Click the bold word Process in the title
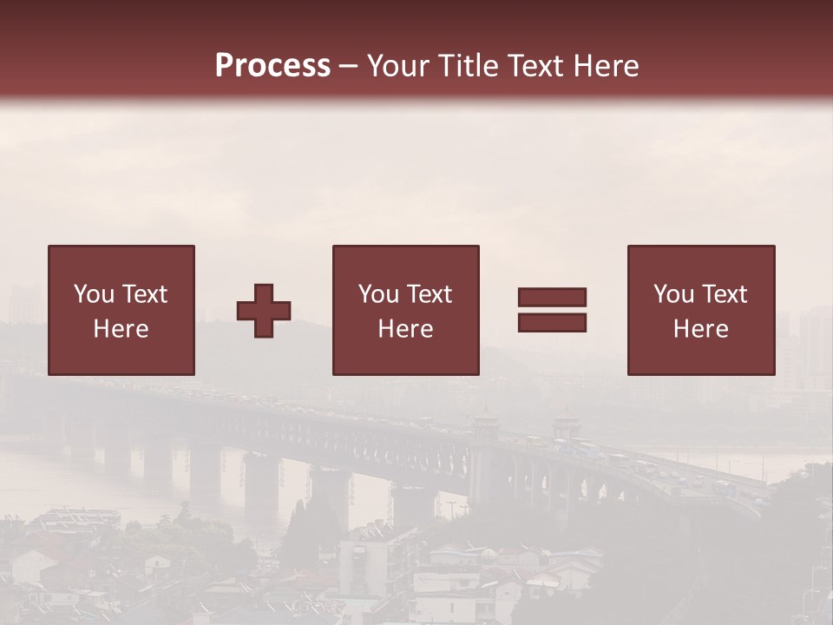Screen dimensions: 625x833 coord(272,66)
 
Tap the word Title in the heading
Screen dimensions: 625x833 coord(469,66)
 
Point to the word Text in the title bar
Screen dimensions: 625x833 coord(541,66)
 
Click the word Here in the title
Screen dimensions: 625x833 coord(607,66)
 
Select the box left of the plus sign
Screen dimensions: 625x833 coord(121,310)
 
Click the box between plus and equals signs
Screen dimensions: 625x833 coord(406,310)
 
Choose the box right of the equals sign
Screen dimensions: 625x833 coord(701,310)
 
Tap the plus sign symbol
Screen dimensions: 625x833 coord(264,311)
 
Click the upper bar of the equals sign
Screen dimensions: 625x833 coord(552,297)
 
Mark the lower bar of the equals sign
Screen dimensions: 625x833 coord(552,323)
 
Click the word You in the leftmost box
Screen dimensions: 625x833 coord(94,294)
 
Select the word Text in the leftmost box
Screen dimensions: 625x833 coord(144,294)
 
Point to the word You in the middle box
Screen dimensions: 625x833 coord(378,294)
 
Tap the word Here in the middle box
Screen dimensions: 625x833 coord(406,329)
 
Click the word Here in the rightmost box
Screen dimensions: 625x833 coord(701,329)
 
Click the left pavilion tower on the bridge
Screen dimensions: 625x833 coord(486,425)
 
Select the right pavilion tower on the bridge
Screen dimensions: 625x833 coord(566,425)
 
